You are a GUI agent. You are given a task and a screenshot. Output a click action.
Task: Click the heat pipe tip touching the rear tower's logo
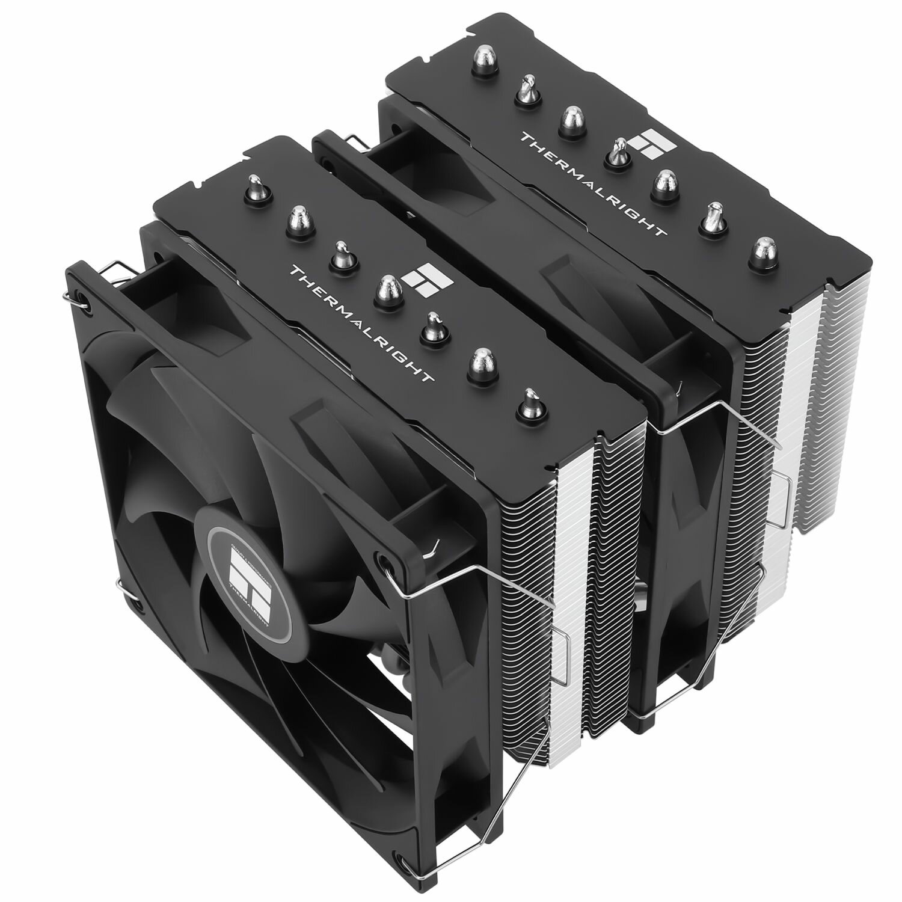pyautogui.click(x=617, y=150)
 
